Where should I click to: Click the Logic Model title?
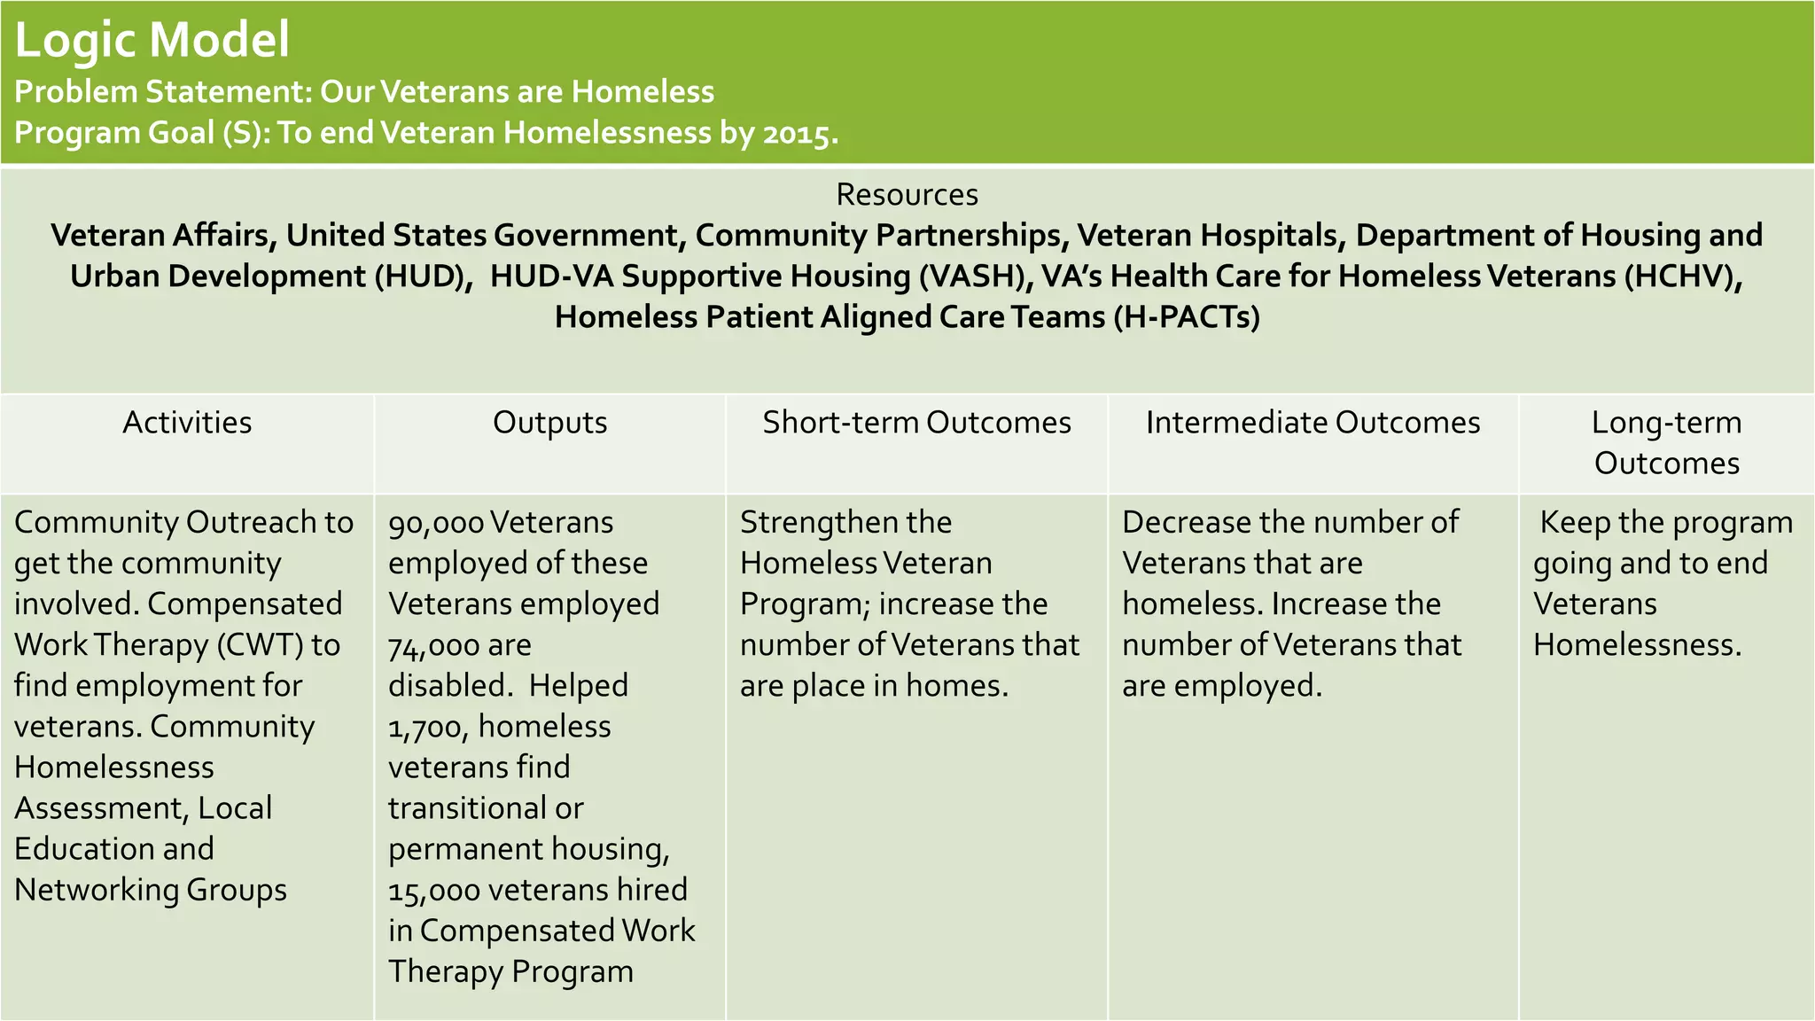[x=152, y=41]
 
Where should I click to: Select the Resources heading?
[x=907, y=194]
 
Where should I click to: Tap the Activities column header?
[x=187, y=422]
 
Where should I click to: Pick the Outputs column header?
[x=549, y=422]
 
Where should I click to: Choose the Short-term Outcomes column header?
[x=916, y=422]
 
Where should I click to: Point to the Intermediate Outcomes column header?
[x=1313, y=422]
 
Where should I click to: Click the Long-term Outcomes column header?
[x=1666, y=442]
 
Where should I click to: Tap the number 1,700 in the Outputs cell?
[x=428, y=727]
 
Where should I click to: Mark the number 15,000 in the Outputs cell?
[x=433, y=890]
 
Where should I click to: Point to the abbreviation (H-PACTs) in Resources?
[x=1186, y=316]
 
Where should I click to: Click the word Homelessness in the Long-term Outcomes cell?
[x=1637, y=644]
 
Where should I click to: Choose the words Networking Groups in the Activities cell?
[x=151, y=890]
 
